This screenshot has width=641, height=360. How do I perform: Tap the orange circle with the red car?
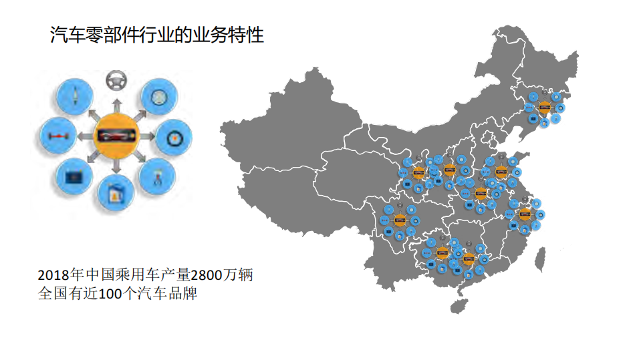[x=116, y=136]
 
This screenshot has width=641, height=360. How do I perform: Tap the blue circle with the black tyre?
[x=174, y=137]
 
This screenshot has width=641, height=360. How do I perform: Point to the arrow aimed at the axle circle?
[x=84, y=137]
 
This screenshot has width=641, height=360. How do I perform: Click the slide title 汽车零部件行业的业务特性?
[x=157, y=35]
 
